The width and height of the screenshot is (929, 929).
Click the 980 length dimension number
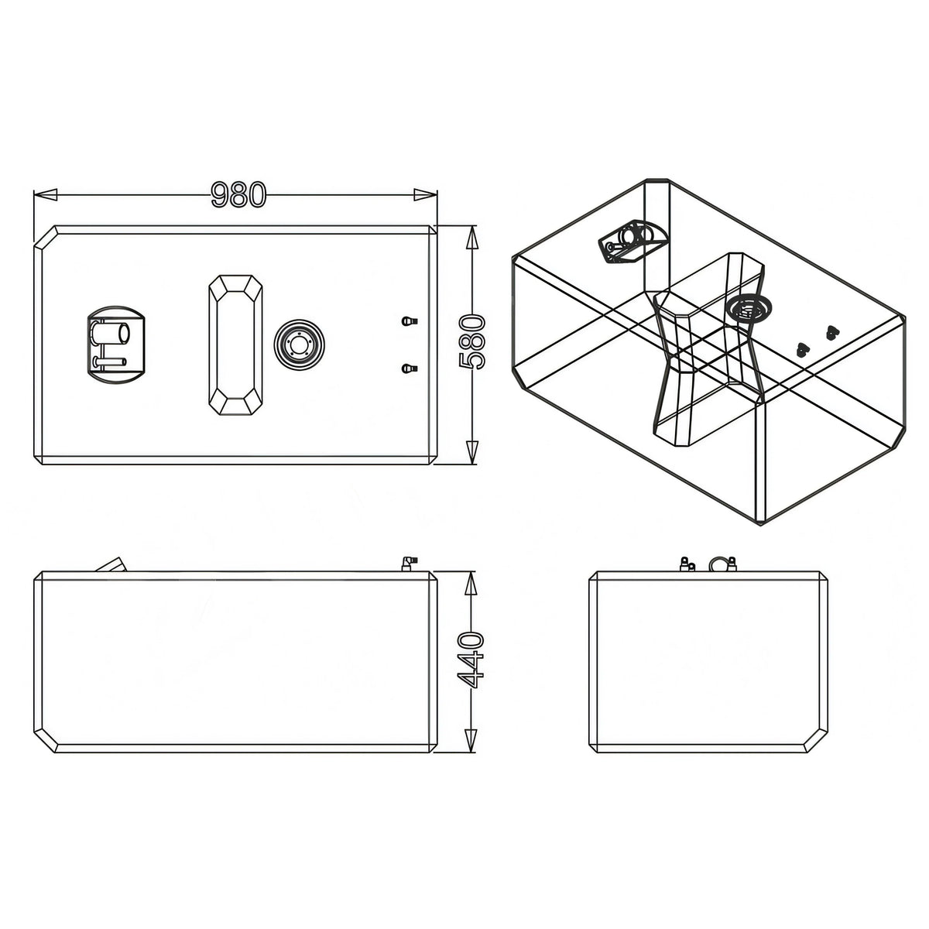(x=238, y=194)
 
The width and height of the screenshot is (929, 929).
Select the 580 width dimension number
(x=471, y=342)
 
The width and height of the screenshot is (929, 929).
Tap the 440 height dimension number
(x=471, y=660)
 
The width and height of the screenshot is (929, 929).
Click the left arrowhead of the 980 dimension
(x=46, y=194)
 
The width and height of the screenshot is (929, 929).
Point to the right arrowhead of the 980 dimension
(x=425, y=194)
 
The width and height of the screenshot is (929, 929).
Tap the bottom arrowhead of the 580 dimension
(x=472, y=452)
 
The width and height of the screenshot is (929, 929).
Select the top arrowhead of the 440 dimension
(x=471, y=584)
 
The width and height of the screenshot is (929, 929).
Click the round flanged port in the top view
(x=299, y=345)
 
